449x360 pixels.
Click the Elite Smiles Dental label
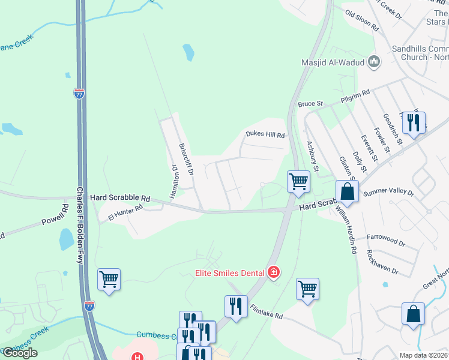(x=229, y=273)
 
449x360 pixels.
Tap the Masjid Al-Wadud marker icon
(x=375, y=61)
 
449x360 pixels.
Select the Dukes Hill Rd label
(x=265, y=135)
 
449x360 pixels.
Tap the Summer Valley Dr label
(x=389, y=193)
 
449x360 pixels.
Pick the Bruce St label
(x=310, y=104)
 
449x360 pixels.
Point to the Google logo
(x=20, y=353)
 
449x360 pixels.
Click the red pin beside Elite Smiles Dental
(x=274, y=273)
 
